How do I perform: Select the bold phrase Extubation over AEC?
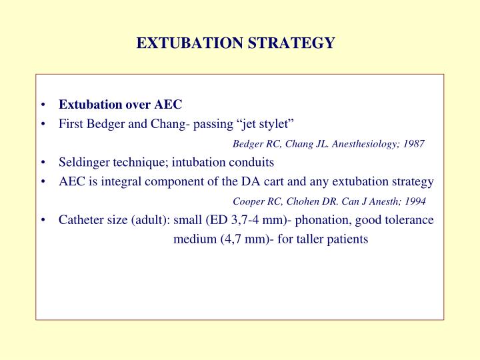120,105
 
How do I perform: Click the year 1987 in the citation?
413,144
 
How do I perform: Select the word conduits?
252,162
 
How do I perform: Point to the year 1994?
414,201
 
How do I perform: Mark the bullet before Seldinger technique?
43,163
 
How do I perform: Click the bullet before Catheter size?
43,220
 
